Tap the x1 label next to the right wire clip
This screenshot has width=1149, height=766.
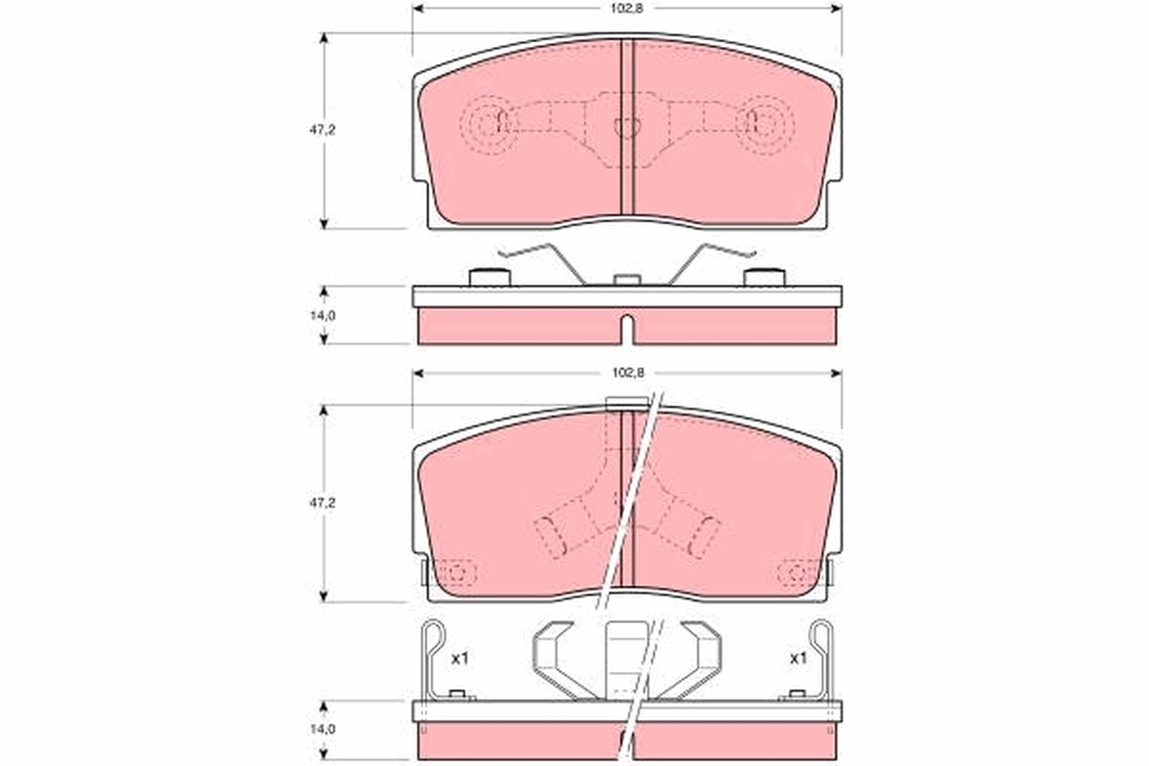point(797,659)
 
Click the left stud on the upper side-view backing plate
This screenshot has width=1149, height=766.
point(489,278)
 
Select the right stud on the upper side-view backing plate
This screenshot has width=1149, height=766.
point(764,278)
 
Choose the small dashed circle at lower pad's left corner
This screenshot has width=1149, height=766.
point(457,573)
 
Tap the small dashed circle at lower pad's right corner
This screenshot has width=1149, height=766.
point(798,573)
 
